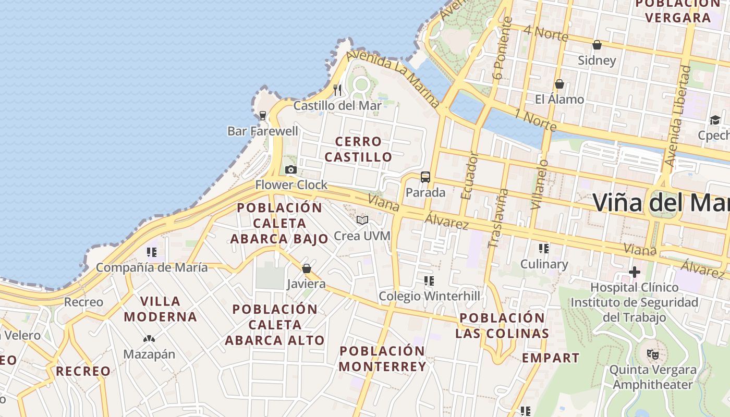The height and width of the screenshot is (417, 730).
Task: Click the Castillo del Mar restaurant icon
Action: click(337, 90)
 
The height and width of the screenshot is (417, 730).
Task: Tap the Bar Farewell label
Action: click(263, 131)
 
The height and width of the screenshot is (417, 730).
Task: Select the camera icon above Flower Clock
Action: click(291, 169)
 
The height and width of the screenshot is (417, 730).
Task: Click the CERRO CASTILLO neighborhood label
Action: click(358, 149)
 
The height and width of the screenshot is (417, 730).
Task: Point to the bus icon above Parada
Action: click(425, 177)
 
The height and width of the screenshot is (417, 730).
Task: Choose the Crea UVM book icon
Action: click(362, 220)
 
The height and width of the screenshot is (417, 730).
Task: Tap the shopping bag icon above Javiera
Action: click(307, 268)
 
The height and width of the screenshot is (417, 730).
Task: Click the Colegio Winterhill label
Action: click(429, 296)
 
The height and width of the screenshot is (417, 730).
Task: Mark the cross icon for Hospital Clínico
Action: click(634, 272)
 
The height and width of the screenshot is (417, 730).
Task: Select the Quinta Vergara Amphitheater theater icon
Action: click(652, 354)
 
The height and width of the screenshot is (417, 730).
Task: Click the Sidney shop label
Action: click(597, 60)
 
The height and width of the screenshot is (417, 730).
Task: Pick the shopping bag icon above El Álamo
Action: click(559, 84)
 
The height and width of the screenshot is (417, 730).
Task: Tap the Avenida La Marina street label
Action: click(394, 78)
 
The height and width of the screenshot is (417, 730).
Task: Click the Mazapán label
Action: click(149, 354)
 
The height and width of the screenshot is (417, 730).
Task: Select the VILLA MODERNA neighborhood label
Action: click(161, 309)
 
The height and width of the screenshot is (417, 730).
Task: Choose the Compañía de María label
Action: click(152, 268)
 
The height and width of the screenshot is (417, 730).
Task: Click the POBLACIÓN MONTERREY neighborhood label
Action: click(382, 359)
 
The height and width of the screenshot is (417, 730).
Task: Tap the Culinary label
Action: click(544, 264)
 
